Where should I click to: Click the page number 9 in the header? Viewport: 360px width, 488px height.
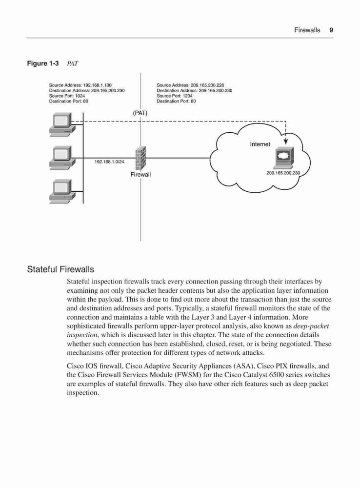click(331, 30)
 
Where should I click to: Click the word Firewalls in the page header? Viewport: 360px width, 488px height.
click(307, 30)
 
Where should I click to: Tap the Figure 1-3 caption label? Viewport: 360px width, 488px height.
click(42, 63)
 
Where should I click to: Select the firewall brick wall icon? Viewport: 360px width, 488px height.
click(140, 158)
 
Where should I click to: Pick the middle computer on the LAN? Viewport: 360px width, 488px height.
click(61, 158)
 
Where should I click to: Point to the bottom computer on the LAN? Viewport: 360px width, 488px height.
click(61, 192)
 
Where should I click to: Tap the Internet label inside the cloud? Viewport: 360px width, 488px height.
click(260, 144)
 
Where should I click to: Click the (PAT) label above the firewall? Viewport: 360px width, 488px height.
click(140, 113)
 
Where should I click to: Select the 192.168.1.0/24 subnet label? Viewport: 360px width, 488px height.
click(109, 162)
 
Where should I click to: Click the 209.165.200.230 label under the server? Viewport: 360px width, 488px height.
click(283, 173)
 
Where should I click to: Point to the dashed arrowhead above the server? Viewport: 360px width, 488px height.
click(286, 142)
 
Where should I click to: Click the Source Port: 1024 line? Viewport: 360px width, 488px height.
click(67, 96)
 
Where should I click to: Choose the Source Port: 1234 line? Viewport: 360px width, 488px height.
click(175, 96)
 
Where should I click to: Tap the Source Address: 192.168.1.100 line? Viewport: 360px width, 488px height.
click(80, 85)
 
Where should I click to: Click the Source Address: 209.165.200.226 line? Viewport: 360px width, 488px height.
click(190, 85)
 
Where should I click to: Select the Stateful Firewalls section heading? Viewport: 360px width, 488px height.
click(60, 269)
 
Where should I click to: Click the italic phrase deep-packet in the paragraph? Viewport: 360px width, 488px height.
click(311, 326)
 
